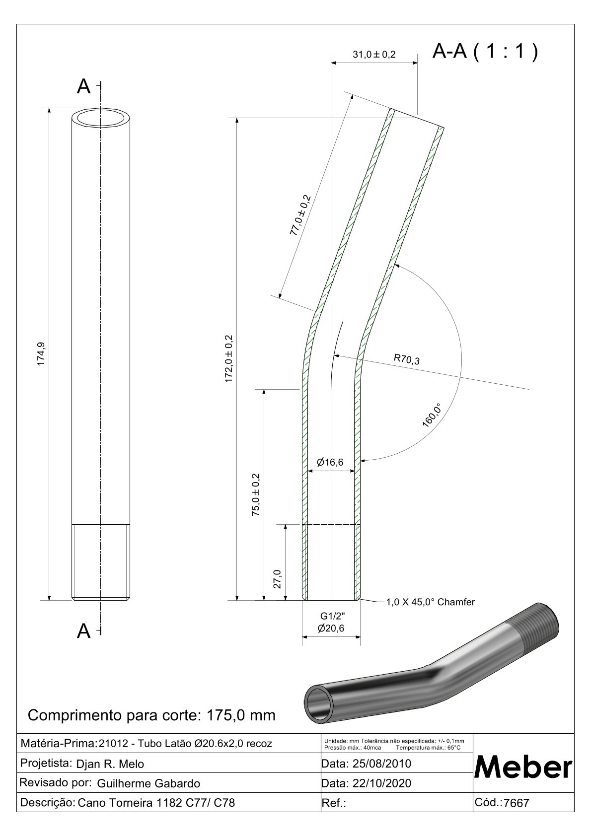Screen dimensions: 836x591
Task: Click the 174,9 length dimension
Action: tap(42, 354)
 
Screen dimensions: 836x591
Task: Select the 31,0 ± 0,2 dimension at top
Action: tap(374, 55)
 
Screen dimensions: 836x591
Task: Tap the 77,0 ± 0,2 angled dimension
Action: tap(300, 215)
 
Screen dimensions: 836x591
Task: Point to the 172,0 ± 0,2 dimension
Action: tap(229, 358)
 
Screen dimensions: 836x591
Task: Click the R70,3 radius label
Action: tap(407, 359)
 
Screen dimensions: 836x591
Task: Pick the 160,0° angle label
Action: tap(432, 415)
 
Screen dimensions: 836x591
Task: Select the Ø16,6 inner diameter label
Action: tap(330, 463)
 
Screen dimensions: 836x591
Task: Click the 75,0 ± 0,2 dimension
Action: tap(256, 494)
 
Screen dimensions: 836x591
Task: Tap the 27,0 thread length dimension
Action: tap(278, 579)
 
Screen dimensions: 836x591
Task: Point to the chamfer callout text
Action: tap(431, 602)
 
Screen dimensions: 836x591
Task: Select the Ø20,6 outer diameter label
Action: tap(331, 628)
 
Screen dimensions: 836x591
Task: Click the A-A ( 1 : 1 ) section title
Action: tap(485, 51)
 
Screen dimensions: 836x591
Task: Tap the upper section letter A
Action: tap(84, 87)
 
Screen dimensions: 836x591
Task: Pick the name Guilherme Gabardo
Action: tap(148, 783)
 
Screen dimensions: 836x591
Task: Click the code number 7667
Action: tap(517, 803)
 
